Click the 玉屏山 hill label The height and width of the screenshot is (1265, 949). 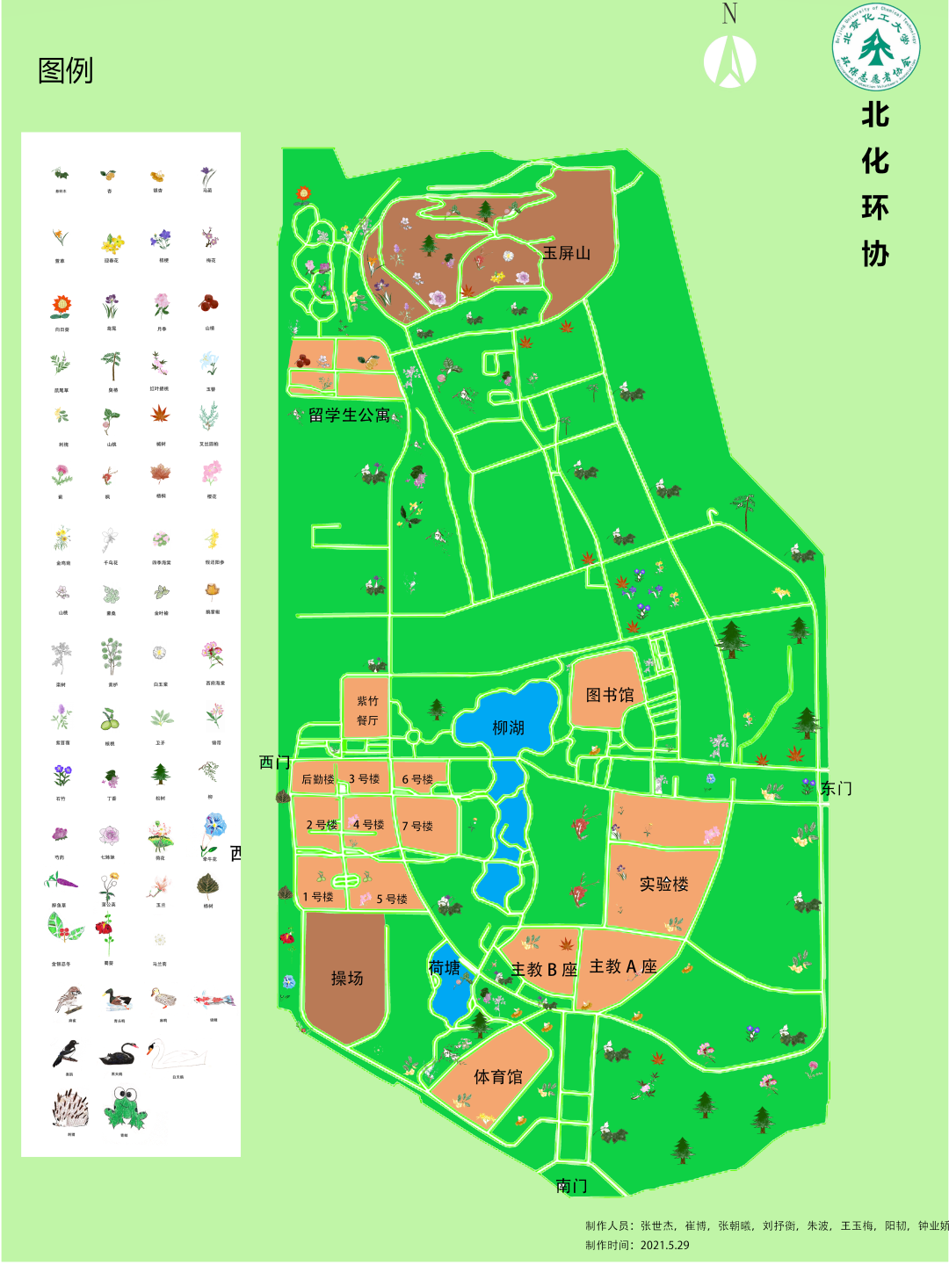tap(566, 253)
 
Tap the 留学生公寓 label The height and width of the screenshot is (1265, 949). tap(349, 415)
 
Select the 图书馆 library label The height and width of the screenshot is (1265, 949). tap(610, 695)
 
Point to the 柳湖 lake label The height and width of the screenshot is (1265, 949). tap(508, 727)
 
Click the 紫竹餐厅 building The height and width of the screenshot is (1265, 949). tap(367, 711)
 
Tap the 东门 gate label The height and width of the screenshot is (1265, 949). tap(836, 788)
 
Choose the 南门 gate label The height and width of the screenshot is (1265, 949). tap(571, 1185)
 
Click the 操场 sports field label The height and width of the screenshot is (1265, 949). tap(346, 978)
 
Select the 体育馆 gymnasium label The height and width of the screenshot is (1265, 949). tap(497, 1076)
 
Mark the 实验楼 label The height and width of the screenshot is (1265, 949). tap(663, 884)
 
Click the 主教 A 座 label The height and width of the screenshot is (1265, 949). tap(623, 966)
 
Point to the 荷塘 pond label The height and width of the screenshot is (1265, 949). tap(444, 967)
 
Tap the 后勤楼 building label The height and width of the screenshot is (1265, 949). tap(317, 779)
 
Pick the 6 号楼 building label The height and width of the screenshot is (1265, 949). tap(417, 779)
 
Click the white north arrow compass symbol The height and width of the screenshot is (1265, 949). tap(729, 61)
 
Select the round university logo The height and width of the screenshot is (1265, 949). tap(875, 47)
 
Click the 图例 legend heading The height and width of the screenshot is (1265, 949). tap(65, 70)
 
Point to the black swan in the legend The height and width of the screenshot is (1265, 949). tap(118, 1053)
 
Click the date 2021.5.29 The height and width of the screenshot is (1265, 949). tap(664, 1245)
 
